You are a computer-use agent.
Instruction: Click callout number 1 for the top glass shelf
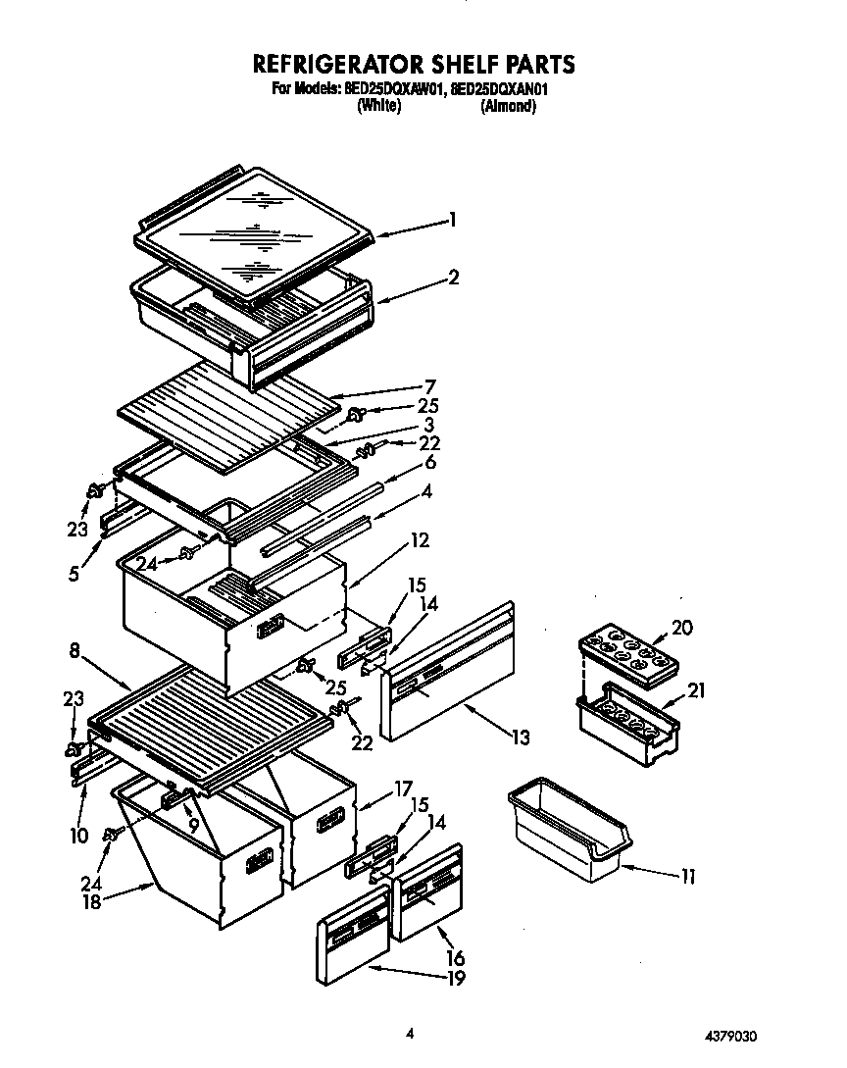point(453,221)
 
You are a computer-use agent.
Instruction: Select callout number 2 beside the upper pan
point(453,278)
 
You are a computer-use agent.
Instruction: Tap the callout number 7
point(429,386)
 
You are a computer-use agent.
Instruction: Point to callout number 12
point(420,539)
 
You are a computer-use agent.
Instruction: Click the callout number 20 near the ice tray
point(681,628)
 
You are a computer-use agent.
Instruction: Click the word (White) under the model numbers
point(378,107)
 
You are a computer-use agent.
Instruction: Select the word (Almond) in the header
point(507,107)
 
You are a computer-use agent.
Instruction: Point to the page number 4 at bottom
point(411,1033)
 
